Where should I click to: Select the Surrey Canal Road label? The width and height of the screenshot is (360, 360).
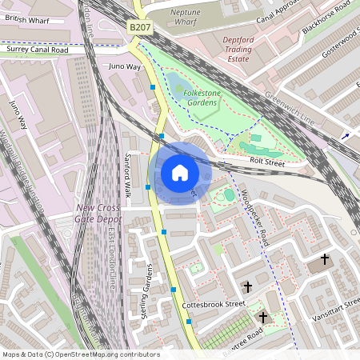click(x=38, y=50)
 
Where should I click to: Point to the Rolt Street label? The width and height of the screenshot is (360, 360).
click(x=267, y=162)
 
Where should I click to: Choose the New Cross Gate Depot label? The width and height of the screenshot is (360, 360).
click(x=98, y=213)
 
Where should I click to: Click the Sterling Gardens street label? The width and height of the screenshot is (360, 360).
click(x=146, y=292)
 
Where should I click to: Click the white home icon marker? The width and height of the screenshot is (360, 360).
click(x=180, y=173)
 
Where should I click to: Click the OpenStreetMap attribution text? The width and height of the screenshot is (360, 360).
click(x=80, y=354)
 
